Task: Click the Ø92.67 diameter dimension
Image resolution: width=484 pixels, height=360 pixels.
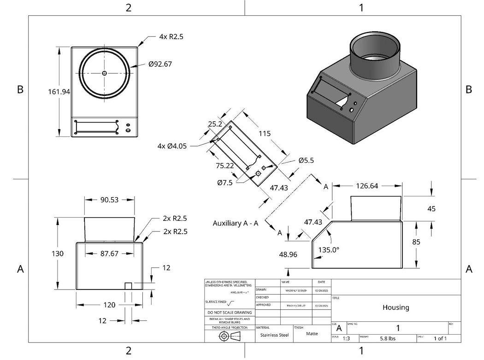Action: coord(160,64)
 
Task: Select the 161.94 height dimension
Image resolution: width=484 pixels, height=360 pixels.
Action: coord(59,92)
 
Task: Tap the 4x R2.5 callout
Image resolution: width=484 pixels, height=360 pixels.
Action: coord(171,36)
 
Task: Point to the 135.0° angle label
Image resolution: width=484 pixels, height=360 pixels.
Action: coord(329,249)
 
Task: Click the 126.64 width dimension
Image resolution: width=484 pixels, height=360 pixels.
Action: coord(367,186)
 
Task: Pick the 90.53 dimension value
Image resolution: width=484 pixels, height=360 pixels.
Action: coord(110,200)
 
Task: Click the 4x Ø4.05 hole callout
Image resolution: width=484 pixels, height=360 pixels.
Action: coord(171,146)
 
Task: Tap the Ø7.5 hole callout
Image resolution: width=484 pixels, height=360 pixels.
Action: coord(225,183)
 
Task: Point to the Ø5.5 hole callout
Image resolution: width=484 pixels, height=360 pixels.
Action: coord(306,160)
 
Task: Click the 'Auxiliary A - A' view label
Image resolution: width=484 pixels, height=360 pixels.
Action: coord(235,223)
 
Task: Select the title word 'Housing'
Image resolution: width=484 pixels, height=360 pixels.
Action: coord(395,307)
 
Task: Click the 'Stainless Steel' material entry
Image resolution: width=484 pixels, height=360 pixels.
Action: coord(274,335)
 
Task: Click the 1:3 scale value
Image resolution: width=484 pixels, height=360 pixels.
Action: coord(346,338)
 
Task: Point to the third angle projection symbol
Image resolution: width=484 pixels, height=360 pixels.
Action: coord(230,336)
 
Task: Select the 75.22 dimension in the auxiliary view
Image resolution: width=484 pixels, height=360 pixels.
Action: coord(225,165)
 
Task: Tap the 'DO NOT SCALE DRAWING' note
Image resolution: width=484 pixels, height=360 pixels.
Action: coord(229,313)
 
